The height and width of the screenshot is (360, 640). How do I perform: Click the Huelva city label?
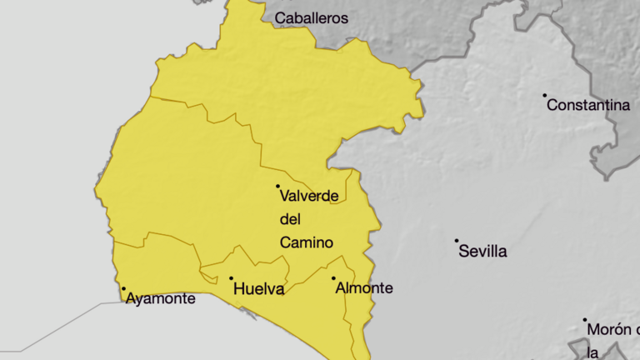259,290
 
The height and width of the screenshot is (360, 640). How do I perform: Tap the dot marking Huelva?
231,278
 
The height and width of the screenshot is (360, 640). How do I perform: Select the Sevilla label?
482,252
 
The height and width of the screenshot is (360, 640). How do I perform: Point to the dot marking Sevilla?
457,241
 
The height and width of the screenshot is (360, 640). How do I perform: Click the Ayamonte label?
160,298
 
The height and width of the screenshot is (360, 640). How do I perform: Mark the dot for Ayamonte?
123,288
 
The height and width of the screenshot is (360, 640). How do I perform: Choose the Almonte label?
363,288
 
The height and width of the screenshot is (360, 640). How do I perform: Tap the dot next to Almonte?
333,278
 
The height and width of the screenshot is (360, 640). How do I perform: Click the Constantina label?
588,106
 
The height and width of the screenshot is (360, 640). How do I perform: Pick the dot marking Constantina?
545,95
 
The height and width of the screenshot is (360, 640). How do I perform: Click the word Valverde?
309,197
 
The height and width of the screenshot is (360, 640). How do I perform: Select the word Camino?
307,242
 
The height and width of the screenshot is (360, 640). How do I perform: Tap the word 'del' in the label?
289,219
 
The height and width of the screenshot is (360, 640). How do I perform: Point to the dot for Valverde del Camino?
277,186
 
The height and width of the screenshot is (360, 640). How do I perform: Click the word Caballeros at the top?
311,17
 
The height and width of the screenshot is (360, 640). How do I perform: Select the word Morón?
609,330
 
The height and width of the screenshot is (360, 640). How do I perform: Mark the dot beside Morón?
585,320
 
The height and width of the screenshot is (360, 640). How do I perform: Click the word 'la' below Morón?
592,352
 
